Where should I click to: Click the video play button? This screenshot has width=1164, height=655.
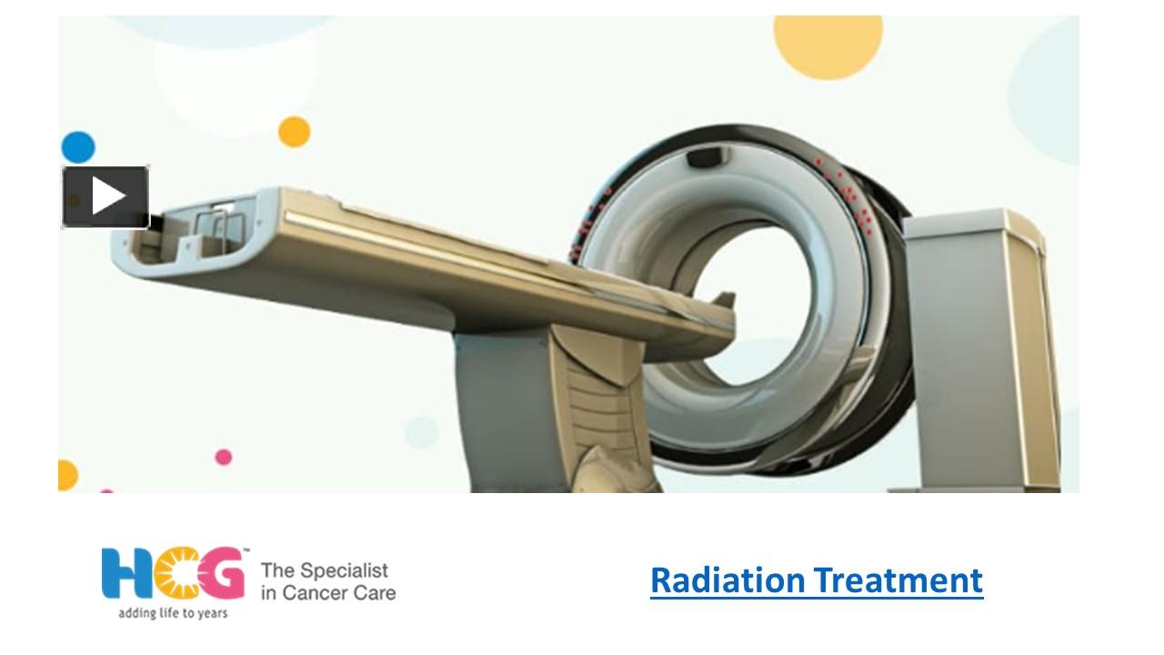pyautogui.click(x=105, y=196)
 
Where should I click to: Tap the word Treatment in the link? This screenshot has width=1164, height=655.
pyautogui.click(x=898, y=579)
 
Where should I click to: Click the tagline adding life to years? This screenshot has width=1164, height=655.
pyautogui.click(x=173, y=613)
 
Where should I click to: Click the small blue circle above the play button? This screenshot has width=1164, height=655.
pyautogui.click(x=78, y=147)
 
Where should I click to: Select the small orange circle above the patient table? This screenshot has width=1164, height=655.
pyautogui.click(x=294, y=132)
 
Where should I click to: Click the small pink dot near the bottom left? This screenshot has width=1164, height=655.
pyautogui.click(x=223, y=457)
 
